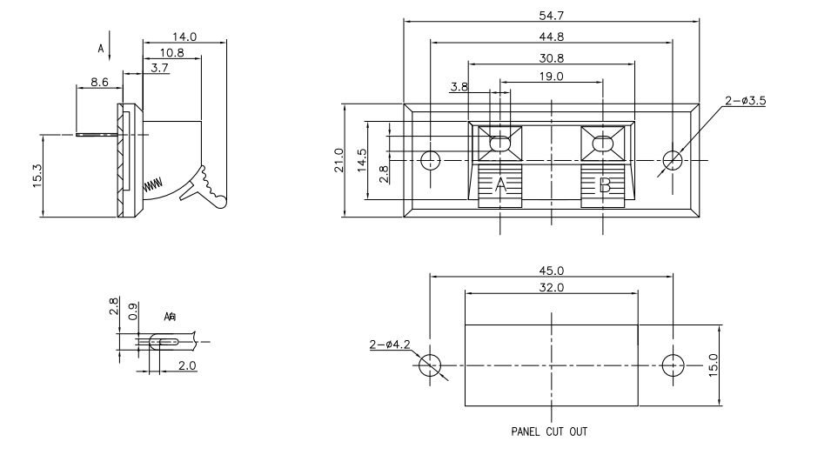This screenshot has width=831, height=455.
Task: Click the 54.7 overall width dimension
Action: click(550, 14)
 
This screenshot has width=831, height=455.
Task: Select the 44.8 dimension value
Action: click(550, 37)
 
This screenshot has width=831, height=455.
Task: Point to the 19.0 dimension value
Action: click(550, 77)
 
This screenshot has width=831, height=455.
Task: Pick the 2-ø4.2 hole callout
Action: click(390, 345)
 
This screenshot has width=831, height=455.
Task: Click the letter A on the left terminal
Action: click(500, 184)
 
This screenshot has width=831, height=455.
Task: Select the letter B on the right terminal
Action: click(604, 184)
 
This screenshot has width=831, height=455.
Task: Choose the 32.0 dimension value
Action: click(550, 287)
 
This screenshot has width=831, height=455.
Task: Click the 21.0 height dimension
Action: click(340, 160)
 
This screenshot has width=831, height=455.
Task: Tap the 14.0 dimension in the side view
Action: click(184, 37)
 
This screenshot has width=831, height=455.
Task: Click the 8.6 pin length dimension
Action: click(100, 83)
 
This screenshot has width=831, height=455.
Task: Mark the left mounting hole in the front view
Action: click(430, 160)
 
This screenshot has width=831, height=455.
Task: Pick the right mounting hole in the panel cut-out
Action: click(672, 365)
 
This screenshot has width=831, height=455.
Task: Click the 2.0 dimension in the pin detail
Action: click(187, 365)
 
